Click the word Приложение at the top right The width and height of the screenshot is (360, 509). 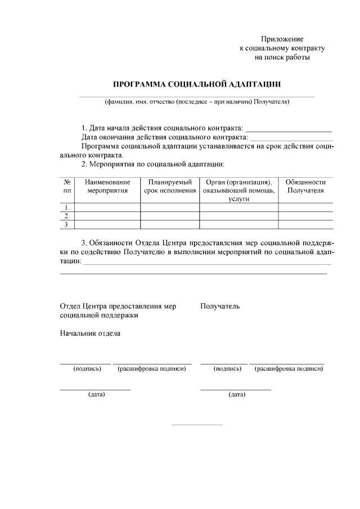click(x=282, y=39)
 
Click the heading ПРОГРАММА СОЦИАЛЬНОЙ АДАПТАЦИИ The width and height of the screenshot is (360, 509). click(x=197, y=84)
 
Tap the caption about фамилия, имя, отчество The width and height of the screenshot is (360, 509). click(x=197, y=102)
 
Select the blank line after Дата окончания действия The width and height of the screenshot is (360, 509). click(x=291, y=138)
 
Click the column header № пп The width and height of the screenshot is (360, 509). click(x=67, y=186)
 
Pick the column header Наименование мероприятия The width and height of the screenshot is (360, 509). click(x=107, y=186)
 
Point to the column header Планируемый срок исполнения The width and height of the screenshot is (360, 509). click(x=170, y=186)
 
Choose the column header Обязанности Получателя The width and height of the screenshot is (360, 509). click(x=305, y=186)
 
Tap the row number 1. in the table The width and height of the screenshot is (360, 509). click(x=67, y=208)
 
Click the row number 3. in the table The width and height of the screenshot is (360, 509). click(x=67, y=225)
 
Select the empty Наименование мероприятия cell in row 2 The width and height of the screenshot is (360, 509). click(x=107, y=216)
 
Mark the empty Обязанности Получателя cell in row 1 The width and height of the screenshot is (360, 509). click(x=305, y=208)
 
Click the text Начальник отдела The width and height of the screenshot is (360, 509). click(x=90, y=333)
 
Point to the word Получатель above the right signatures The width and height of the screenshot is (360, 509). click(x=220, y=307)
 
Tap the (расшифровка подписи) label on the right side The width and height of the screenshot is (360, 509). click(x=289, y=369)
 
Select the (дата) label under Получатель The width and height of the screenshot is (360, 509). click(x=236, y=394)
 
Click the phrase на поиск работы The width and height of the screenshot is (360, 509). click(x=282, y=57)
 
